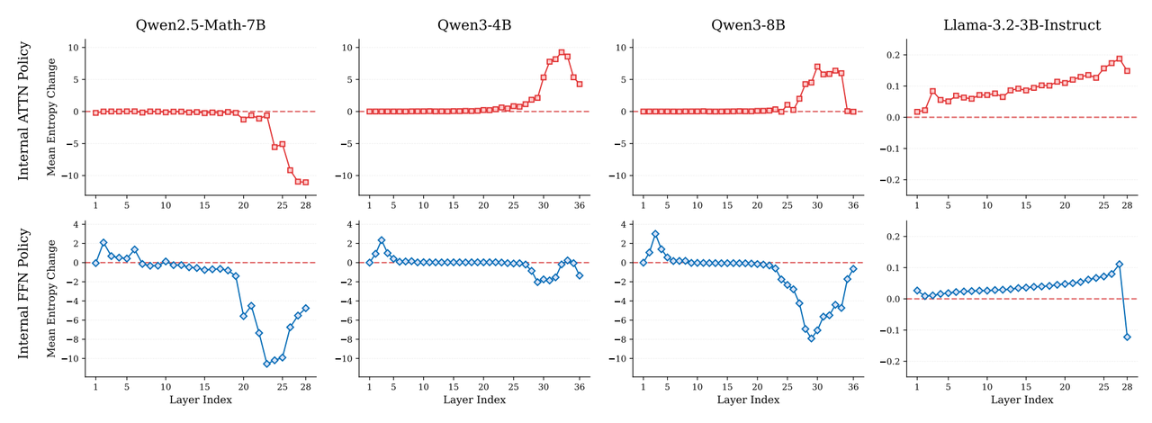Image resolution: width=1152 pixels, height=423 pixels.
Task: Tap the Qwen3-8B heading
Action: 748,25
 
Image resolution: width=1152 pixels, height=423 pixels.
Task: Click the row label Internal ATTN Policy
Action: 24,111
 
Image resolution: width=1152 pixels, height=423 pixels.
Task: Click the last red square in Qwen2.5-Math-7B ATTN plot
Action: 305,182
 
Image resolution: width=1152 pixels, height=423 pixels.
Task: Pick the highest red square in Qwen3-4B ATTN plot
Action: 561,52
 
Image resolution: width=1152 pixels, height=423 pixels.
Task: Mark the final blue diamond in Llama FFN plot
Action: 1127,337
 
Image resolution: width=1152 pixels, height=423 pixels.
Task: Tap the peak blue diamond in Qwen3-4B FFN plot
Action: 382,240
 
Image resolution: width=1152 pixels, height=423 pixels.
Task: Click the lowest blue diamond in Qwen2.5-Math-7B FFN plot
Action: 266,364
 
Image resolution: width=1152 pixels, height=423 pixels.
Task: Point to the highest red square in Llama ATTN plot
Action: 1119,59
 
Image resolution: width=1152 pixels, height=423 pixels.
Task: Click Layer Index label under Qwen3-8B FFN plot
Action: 748,400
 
